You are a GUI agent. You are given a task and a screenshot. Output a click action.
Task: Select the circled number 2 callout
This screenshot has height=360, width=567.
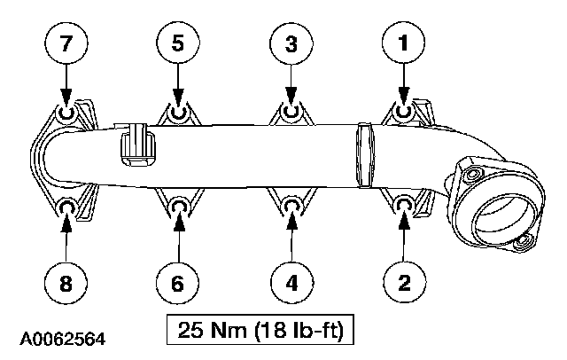[402, 283]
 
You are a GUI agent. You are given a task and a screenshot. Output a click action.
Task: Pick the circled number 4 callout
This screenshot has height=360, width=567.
[291, 283]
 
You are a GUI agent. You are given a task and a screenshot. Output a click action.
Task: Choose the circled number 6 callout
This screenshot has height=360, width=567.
[178, 283]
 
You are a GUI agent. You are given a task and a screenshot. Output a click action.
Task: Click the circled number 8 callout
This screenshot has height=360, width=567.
[66, 283]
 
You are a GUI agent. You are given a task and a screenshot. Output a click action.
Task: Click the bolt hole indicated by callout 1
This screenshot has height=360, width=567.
[402, 112]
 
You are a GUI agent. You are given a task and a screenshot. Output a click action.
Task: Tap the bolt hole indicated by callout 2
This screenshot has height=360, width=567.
[402, 207]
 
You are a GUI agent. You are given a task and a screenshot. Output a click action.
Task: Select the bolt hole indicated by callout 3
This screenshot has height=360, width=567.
[291, 113]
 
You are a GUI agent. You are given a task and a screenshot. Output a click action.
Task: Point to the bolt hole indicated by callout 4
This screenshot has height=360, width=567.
[291, 207]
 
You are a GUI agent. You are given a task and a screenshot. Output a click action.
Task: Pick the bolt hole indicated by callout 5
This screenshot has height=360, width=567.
[178, 113]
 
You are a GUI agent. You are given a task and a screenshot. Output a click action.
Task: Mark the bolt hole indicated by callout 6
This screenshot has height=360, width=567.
[178, 207]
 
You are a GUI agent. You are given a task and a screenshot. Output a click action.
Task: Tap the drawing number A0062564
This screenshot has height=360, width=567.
[66, 339]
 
